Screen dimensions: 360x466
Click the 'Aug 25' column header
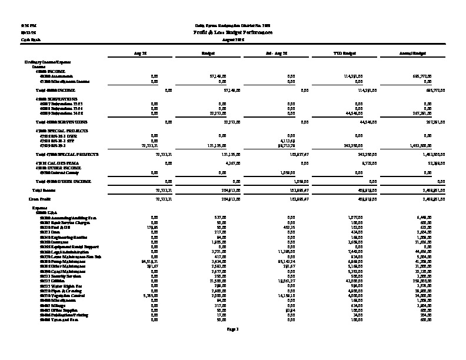click(x=139, y=53)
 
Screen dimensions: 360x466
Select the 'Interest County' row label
click(x=54, y=173)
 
